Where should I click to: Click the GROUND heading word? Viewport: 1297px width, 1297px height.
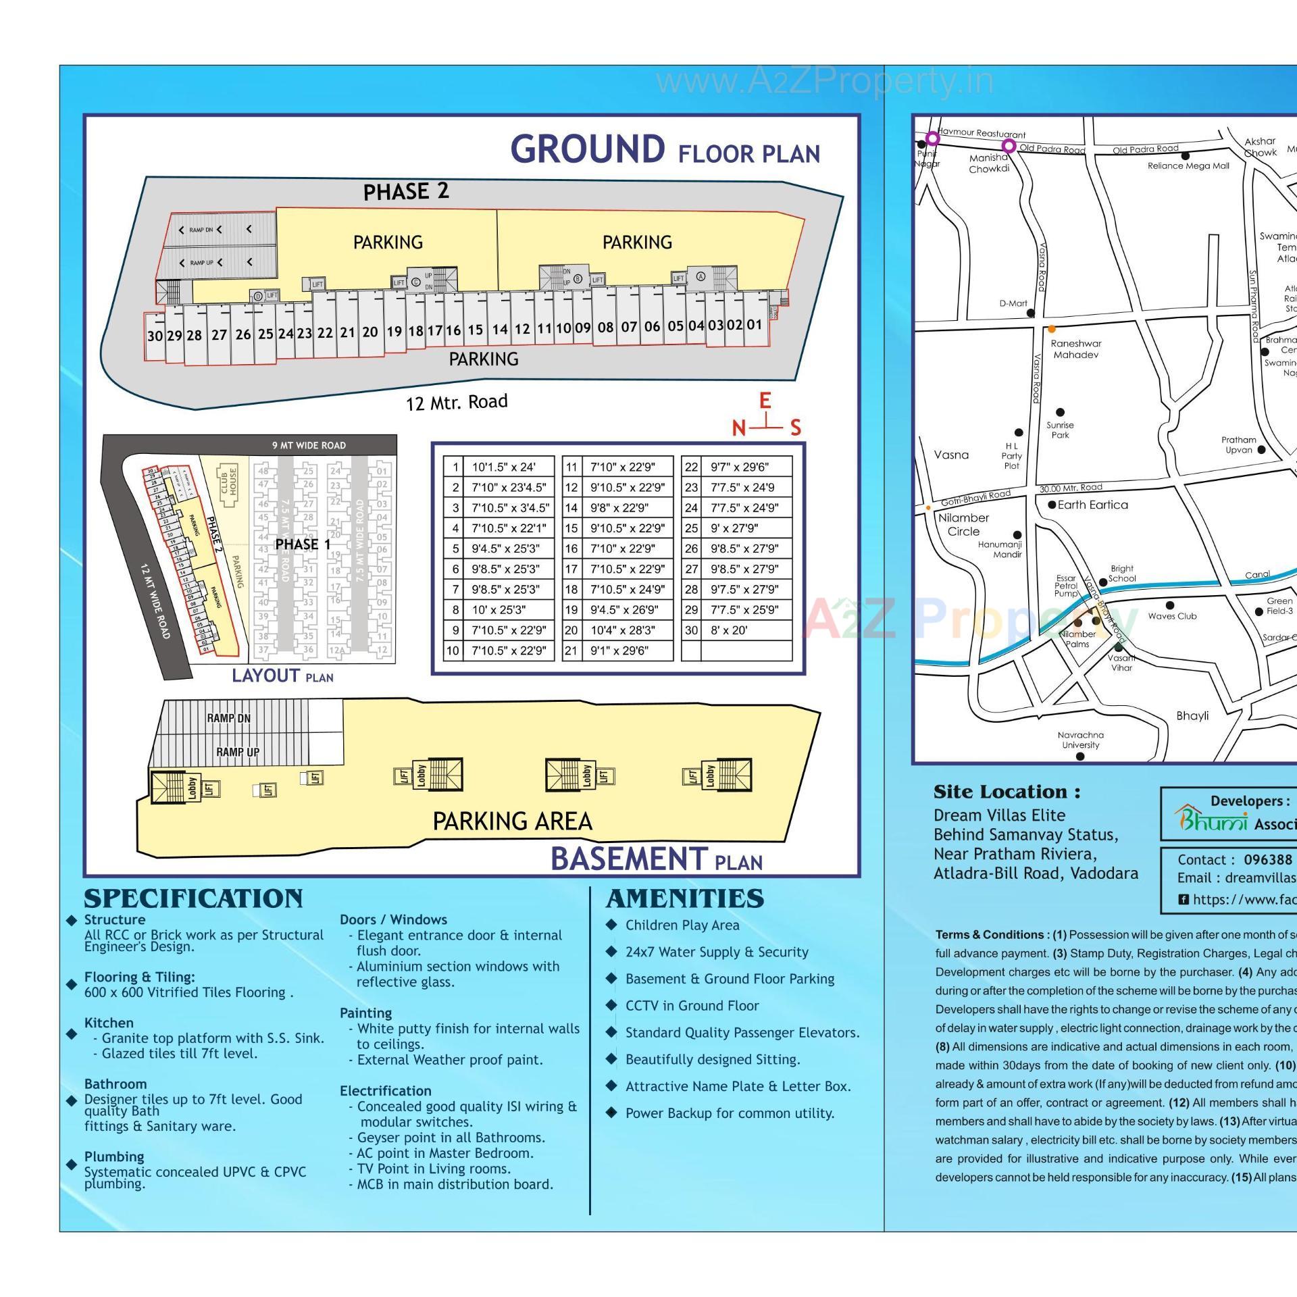coord(587,149)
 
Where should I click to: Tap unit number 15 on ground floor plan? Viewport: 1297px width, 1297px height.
coord(476,330)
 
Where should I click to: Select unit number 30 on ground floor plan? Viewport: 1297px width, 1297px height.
coord(155,336)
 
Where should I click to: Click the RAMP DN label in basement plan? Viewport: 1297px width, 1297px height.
coord(228,718)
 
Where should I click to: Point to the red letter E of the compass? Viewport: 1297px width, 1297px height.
coord(765,401)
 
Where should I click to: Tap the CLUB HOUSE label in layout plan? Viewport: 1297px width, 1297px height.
coord(229,482)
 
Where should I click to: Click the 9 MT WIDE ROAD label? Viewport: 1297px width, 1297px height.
coord(309,445)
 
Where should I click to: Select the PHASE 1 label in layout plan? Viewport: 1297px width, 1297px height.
coord(303,544)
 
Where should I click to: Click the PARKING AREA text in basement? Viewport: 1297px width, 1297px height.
coord(512,821)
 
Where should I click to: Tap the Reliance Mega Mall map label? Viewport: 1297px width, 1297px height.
coord(1188,166)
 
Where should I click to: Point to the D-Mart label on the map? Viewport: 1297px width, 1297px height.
coord(1013,303)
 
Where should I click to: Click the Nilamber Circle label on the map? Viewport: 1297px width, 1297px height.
coord(963,524)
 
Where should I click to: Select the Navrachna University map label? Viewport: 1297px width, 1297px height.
coord(1081,740)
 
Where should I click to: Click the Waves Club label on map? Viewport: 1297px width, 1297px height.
coord(1172,616)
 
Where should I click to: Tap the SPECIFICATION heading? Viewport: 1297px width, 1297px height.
coord(193,898)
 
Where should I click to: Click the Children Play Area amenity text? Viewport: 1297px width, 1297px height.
coord(682,925)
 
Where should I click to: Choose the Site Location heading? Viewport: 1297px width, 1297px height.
coord(1007,792)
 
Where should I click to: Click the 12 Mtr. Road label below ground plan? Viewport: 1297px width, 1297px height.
coord(457,403)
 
